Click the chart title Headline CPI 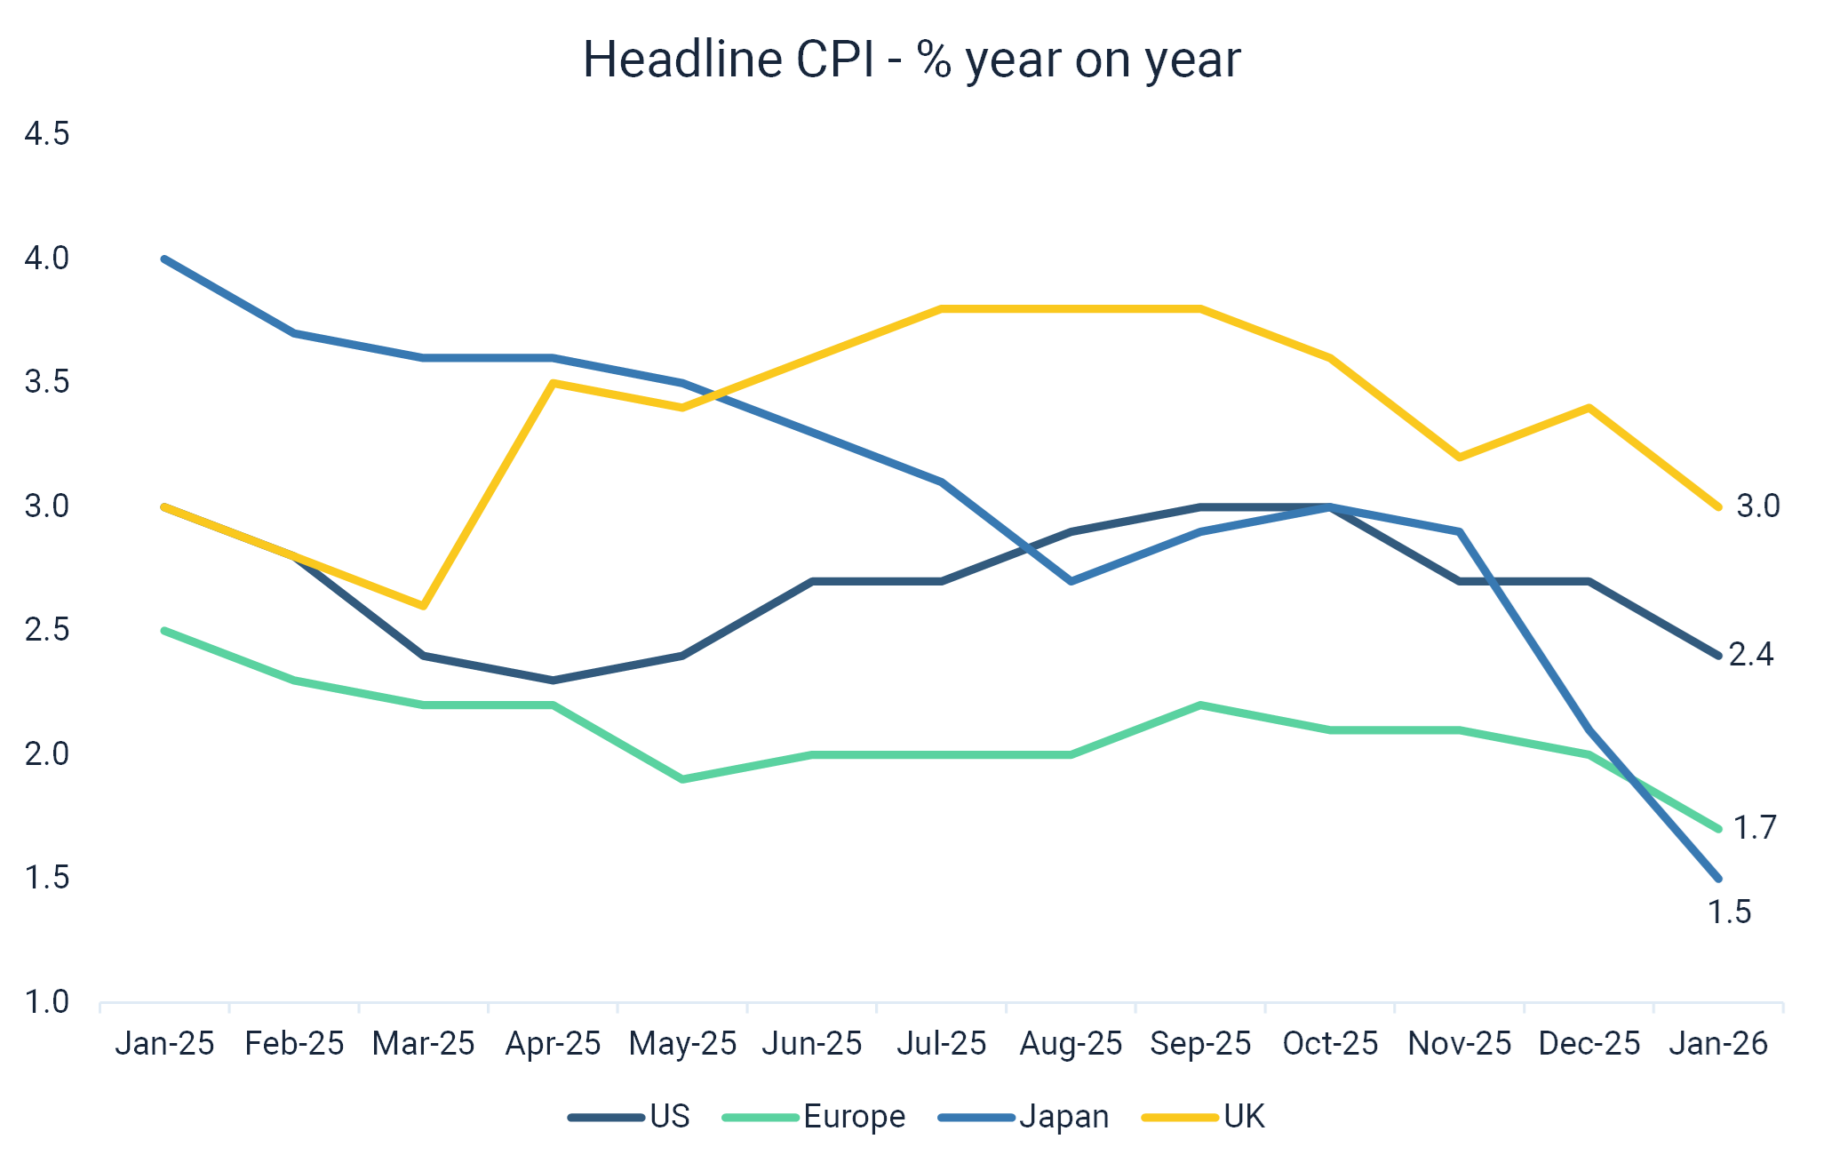912,60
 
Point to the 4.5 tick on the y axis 47,135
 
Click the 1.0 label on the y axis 47,1003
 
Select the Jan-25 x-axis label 165,1043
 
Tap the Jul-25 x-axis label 942,1043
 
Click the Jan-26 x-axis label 1718,1043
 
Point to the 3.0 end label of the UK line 1758,506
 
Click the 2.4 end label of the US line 1750,655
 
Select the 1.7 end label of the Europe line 1755,828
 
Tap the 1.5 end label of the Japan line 1731,912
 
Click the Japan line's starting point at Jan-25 165,259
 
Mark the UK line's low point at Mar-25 424,606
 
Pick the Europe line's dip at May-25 682,779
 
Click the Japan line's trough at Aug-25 1071,581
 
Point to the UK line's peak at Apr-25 554,383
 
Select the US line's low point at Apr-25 554,681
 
